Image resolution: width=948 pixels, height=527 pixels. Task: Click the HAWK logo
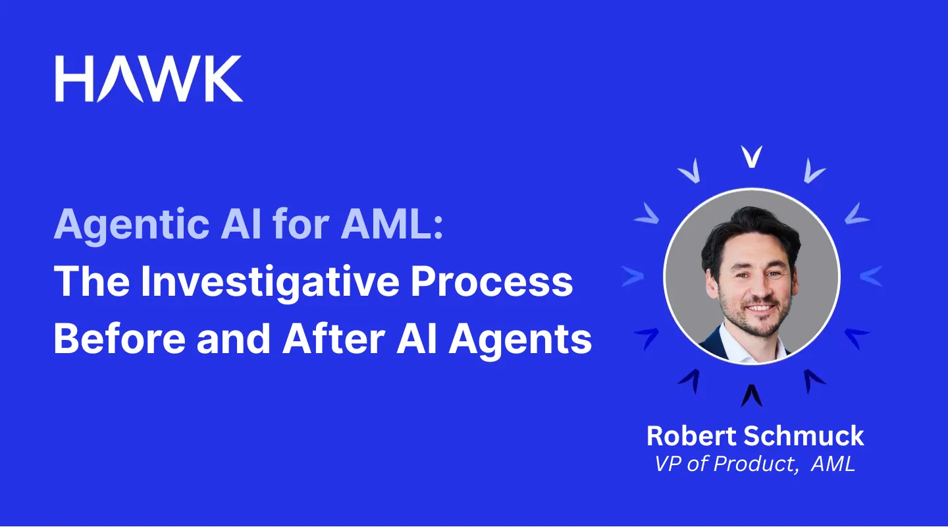[x=149, y=78]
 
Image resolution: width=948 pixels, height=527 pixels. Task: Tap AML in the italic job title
[x=833, y=464]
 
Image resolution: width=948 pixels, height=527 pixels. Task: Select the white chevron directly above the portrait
[x=751, y=156]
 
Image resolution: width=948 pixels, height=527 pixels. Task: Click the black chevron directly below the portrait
[x=751, y=395]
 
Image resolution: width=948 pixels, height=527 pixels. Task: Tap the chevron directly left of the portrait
[x=632, y=276]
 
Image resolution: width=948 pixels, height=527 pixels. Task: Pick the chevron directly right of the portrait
[x=870, y=276]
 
